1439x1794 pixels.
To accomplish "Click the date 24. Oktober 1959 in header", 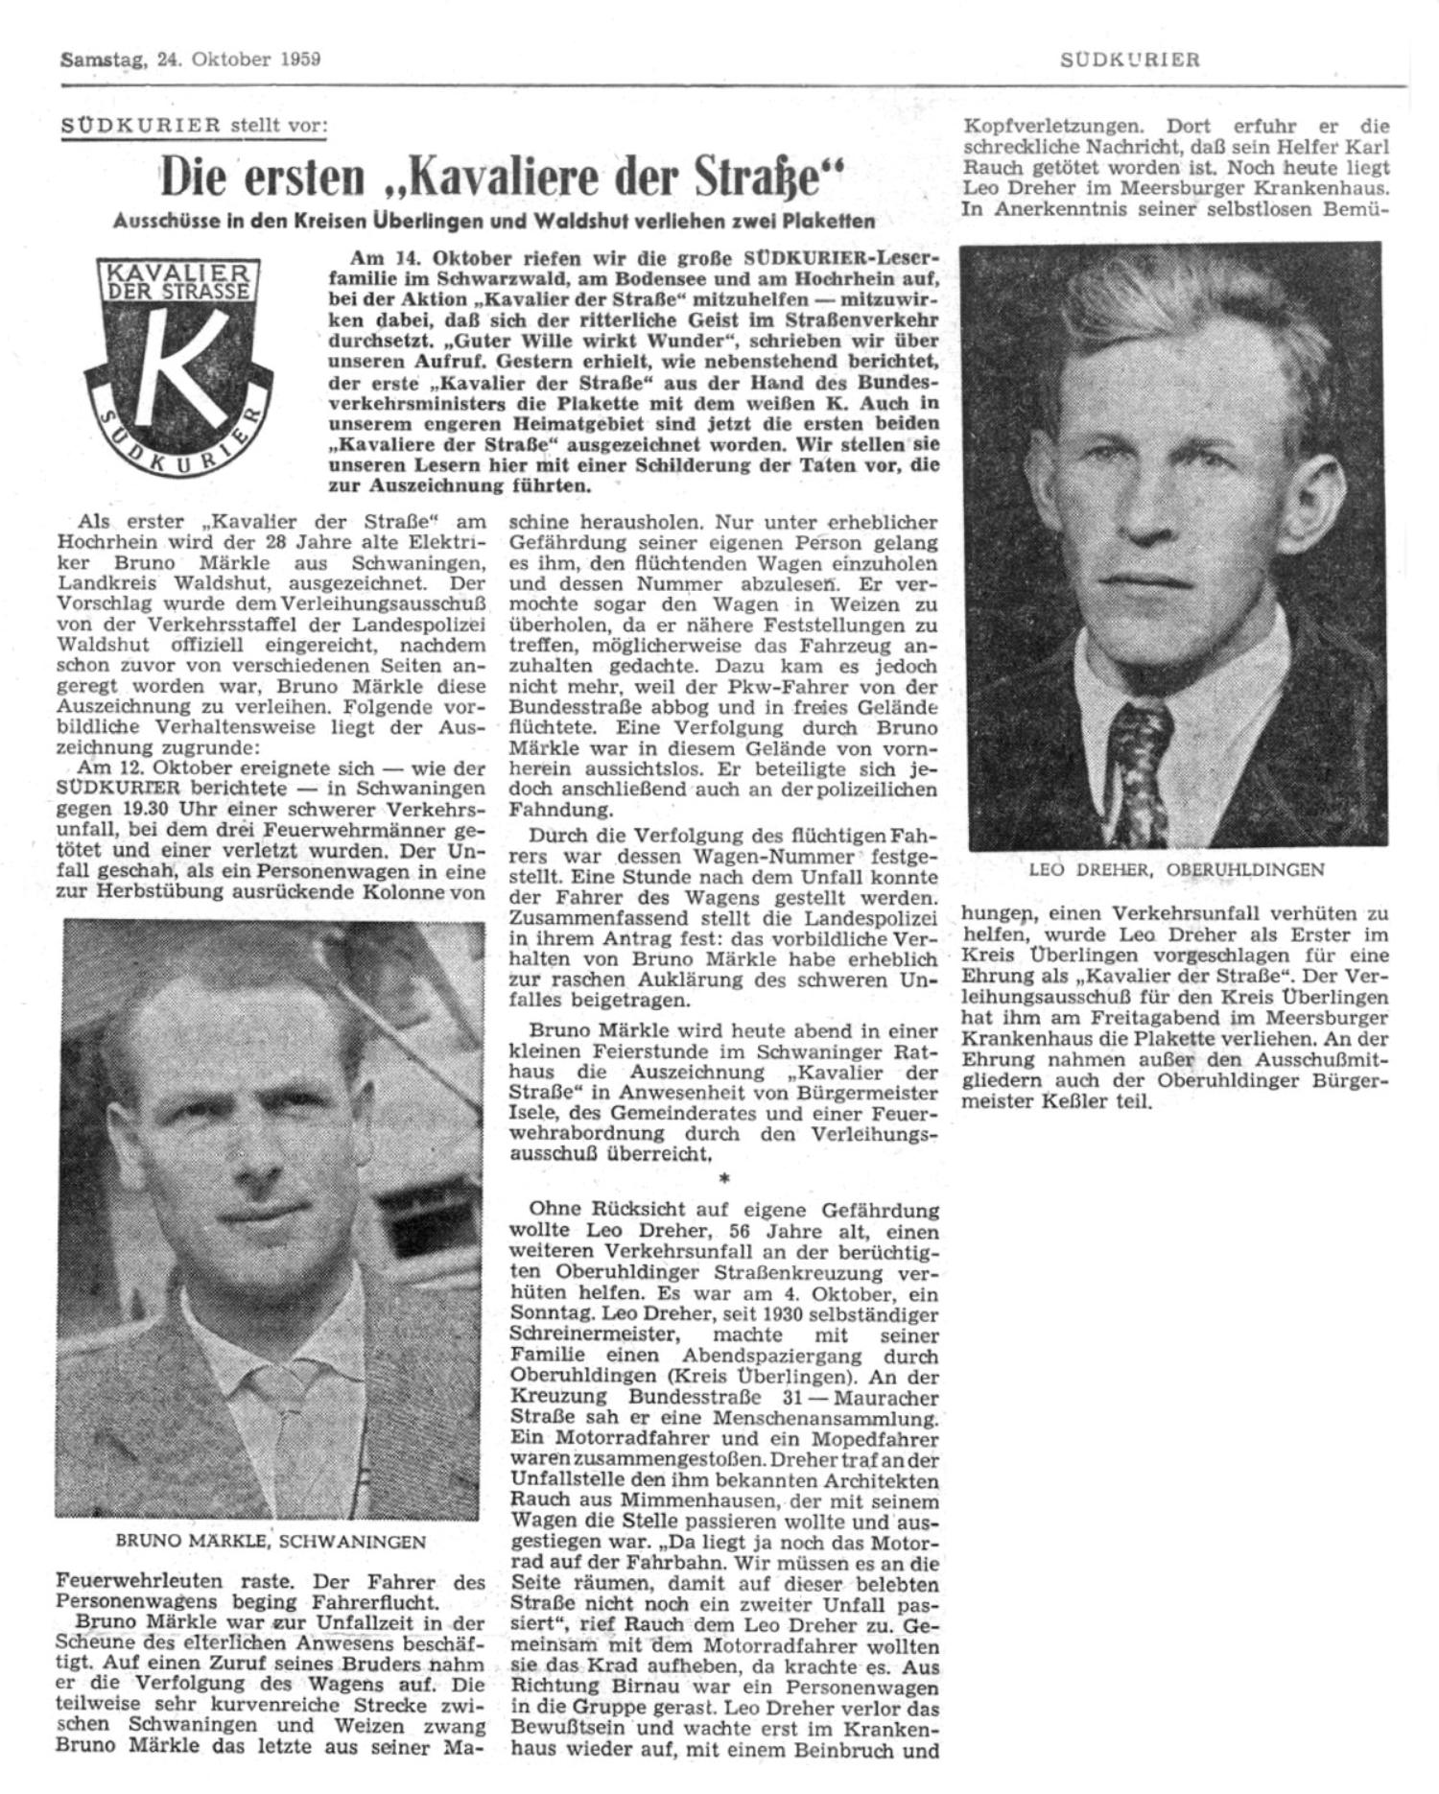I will pyautogui.click(x=239, y=59).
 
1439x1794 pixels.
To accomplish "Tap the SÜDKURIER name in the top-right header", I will pyautogui.click(x=1129, y=59).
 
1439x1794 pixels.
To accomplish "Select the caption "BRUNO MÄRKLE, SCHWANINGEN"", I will pyautogui.click(x=271, y=1542).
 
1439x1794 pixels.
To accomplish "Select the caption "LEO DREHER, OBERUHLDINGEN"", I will pyautogui.click(x=1175, y=870).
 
